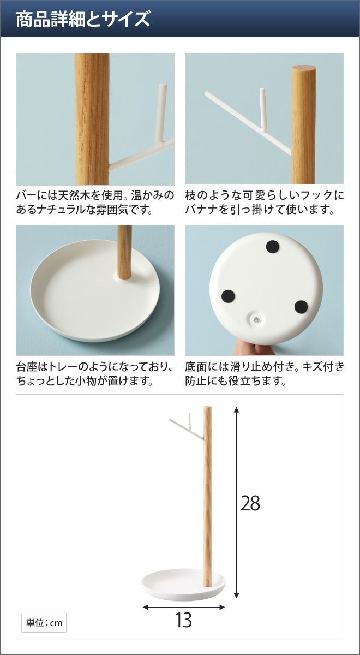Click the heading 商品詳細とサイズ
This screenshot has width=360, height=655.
83,19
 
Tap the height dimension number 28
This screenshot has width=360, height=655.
250,503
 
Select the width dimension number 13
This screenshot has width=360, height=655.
183,620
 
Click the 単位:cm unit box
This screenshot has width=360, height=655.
44,623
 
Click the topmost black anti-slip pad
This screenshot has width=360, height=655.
273,247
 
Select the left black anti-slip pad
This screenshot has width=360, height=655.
228,296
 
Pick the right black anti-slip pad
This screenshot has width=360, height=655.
301,306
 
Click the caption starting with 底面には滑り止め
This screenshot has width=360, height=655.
264,374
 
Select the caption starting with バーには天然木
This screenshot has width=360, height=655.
95,203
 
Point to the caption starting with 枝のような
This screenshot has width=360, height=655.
264,203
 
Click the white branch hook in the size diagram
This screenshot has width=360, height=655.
187,427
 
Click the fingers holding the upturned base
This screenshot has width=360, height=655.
255,348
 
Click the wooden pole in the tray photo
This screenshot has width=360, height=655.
124,252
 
